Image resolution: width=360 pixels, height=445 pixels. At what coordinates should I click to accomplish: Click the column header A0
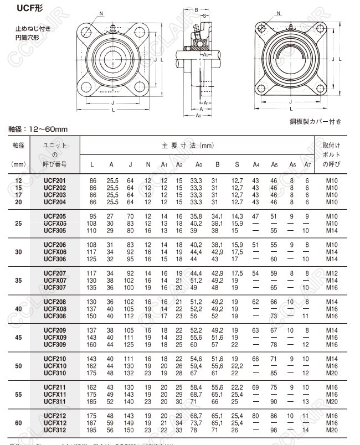199,165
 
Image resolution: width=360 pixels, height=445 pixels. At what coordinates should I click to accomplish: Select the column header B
217,165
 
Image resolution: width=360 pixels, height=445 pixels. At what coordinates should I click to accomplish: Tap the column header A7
308,165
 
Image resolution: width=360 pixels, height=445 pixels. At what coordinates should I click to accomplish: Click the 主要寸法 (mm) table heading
187,146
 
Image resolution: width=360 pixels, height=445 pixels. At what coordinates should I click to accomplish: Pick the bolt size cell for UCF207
332,273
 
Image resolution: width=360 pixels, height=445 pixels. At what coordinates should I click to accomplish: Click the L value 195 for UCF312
92,430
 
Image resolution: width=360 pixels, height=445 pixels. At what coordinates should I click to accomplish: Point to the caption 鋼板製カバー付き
315,121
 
